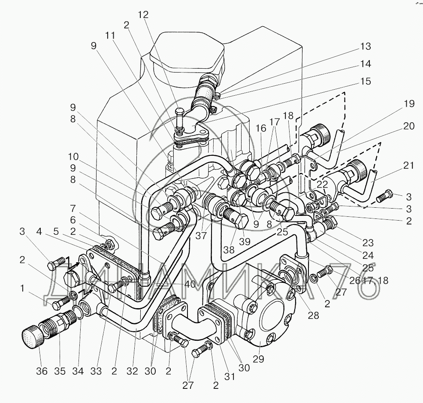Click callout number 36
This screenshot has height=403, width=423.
click(41, 372)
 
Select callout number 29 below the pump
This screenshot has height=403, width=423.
click(259, 358)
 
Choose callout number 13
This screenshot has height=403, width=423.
click(366, 47)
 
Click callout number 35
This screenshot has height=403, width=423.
click(60, 372)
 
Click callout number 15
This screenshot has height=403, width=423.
click(366, 81)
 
